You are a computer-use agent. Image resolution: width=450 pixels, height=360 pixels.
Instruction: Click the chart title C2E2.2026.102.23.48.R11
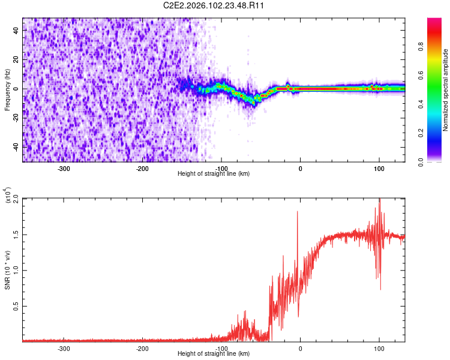tap(214, 5)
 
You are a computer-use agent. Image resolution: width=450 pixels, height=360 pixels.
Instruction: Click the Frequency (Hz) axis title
tap(7, 89)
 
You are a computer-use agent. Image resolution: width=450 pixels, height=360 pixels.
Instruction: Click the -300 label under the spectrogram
tap(64, 169)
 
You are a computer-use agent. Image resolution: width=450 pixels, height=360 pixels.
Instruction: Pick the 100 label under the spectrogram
tap(379, 169)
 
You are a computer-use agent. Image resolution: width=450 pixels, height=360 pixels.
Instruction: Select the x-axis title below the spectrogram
tap(214, 173)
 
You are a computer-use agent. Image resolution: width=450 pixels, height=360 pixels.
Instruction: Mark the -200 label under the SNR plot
tap(142, 348)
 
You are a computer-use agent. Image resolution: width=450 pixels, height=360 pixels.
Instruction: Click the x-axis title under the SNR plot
tap(214, 353)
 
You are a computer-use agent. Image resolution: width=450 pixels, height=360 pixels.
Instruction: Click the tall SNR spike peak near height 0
tap(297, 212)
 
